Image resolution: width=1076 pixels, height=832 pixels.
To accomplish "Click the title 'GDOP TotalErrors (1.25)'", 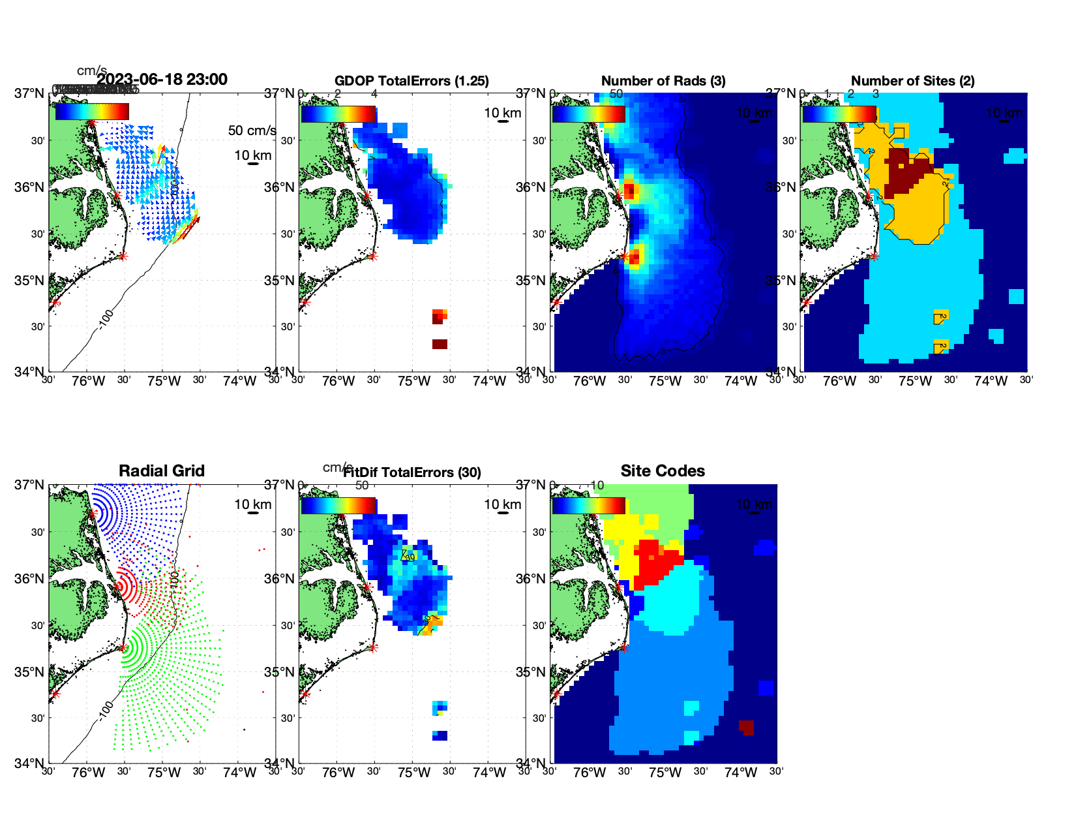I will [x=411, y=81].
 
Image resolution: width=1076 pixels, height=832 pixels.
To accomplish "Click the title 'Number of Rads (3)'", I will [x=663, y=81].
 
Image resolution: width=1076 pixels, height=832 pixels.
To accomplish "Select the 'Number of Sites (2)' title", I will [x=913, y=81].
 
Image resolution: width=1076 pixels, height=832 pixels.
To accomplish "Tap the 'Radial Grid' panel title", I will [x=162, y=471].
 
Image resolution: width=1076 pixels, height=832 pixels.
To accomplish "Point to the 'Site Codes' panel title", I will [x=663, y=471].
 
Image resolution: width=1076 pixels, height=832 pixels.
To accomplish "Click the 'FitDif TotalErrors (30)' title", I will [x=412, y=472].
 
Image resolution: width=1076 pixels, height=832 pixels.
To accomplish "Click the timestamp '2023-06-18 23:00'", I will [x=162, y=80].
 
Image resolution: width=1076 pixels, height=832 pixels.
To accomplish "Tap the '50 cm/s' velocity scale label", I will [x=252, y=131].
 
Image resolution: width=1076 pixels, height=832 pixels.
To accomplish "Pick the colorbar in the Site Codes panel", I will [x=589, y=506].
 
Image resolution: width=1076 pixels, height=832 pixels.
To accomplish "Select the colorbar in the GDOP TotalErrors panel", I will [x=338, y=114].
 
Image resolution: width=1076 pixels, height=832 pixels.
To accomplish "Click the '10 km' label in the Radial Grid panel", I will [x=253, y=504].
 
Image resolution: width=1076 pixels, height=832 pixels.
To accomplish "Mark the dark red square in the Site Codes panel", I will [x=747, y=726].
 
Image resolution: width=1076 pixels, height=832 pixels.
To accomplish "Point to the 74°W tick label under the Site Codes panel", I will [x=741, y=773].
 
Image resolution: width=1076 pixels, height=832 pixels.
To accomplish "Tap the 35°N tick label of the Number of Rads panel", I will [x=531, y=281].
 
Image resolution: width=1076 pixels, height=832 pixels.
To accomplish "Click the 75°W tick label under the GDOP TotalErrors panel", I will [x=414, y=382].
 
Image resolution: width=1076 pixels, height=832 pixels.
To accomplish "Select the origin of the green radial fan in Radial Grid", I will [x=123, y=648].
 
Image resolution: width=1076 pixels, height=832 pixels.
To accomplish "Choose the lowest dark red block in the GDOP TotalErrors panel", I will [x=440, y=344].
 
